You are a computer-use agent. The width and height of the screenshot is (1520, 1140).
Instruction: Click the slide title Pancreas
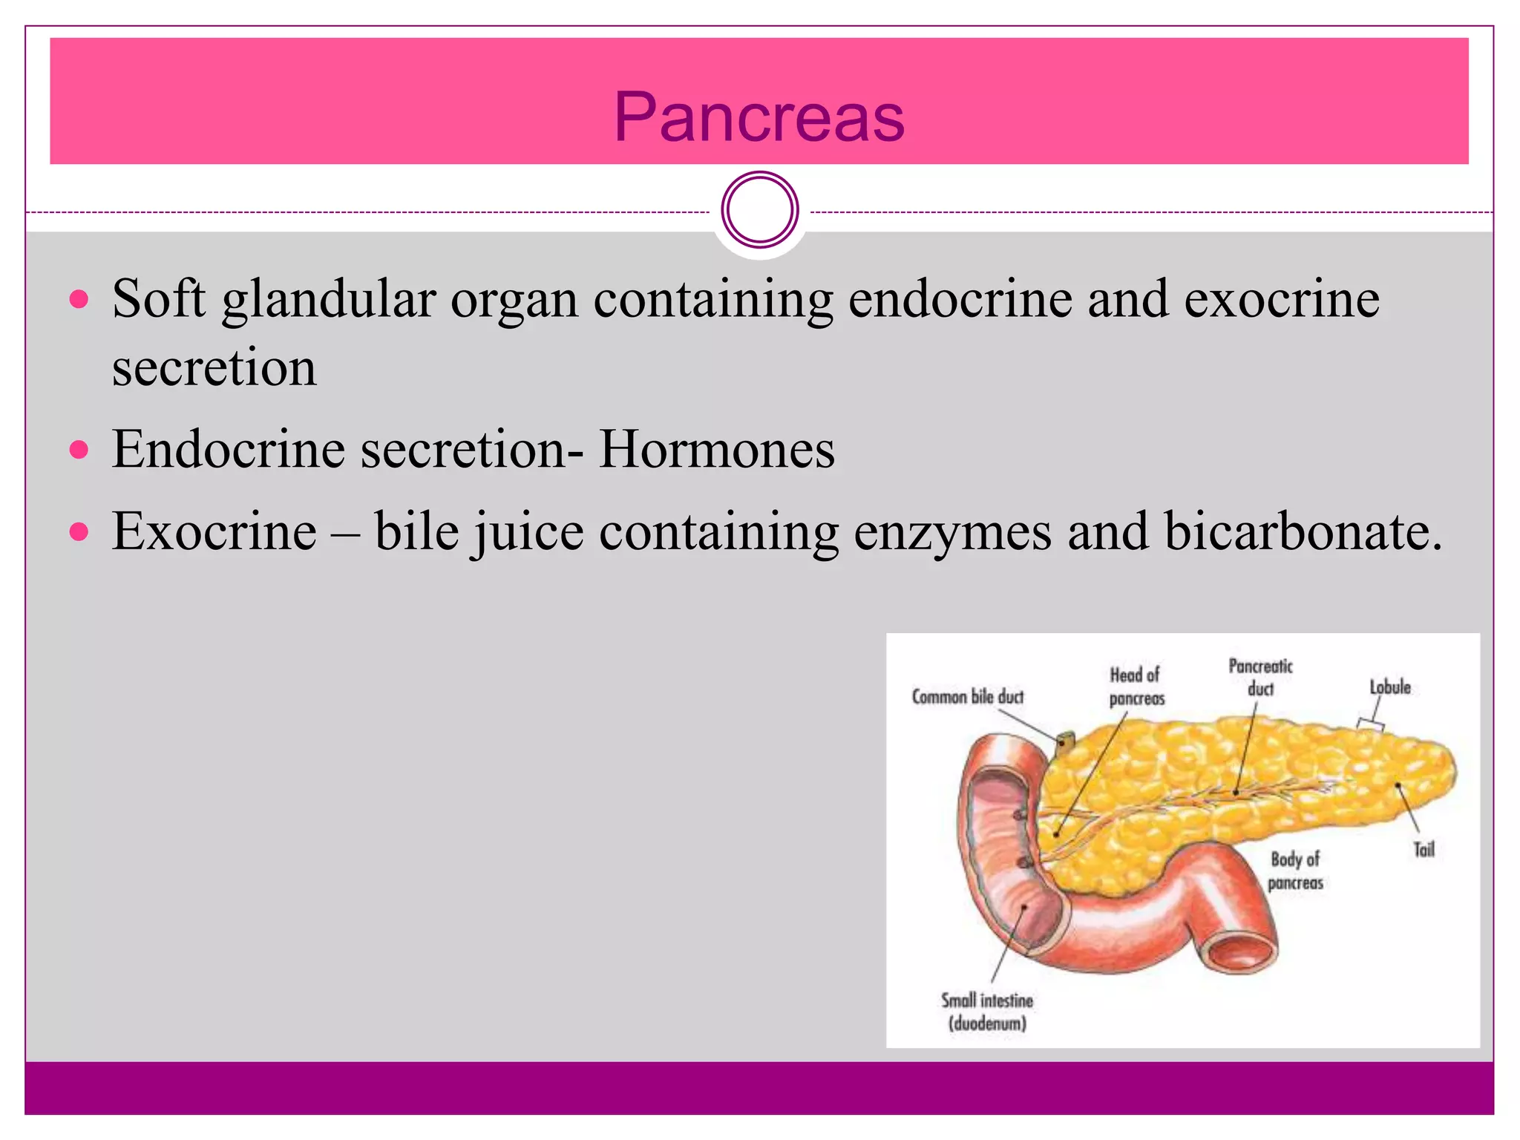tap(759, 117)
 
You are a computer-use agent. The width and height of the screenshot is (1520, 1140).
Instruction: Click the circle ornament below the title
tap(759, 210)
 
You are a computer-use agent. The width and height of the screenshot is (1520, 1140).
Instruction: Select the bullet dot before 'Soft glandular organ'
tap(79, 299)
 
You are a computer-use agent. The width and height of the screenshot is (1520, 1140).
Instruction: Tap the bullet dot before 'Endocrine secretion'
tap(79, 449)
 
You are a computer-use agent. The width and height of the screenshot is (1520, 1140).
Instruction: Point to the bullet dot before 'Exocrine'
tap(79, 531)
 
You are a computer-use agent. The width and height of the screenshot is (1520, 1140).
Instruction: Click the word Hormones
tap(716, 450)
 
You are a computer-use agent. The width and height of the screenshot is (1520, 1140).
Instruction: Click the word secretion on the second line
tap(214, 367)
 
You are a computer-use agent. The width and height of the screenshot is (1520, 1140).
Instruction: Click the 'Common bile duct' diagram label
tap(967, 697)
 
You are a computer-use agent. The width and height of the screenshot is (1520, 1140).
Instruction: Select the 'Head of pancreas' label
tap(1136, 687)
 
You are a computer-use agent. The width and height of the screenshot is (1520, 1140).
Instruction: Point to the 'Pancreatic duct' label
tap(1260, 677)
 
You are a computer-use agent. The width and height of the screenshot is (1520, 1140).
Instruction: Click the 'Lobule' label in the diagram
tap(1389, 687)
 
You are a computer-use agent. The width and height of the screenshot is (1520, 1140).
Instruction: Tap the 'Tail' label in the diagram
tap(1424, 850)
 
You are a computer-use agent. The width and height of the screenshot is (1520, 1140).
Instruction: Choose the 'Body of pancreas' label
tap(1295, 871)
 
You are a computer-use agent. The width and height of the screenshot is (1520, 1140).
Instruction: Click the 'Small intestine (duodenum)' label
tap(987, 1012)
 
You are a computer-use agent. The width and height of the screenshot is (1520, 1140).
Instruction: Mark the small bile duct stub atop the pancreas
tap(1066, 741)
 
